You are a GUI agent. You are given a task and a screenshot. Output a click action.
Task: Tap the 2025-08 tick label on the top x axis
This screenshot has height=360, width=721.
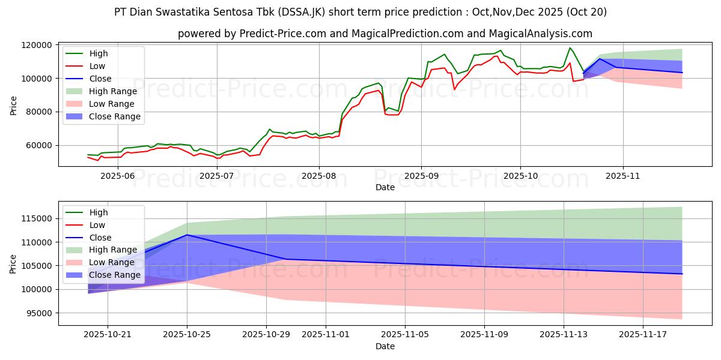318,176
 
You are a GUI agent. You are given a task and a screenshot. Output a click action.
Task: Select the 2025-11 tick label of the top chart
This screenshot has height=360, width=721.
623,176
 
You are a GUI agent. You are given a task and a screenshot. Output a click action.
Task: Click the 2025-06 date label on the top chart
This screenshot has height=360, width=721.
117,176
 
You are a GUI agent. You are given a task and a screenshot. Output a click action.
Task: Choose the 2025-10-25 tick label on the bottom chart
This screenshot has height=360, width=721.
187,335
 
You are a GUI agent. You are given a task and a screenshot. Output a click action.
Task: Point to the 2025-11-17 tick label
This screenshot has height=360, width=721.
643,335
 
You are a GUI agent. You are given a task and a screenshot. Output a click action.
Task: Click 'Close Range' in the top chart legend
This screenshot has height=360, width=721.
114,117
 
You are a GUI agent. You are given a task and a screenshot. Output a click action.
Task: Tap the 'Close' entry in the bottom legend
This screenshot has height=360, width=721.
101,238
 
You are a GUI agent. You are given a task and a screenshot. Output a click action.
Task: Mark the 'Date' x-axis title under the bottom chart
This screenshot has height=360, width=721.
385,346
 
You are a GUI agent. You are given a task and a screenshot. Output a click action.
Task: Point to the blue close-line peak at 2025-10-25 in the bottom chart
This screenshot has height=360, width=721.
187,235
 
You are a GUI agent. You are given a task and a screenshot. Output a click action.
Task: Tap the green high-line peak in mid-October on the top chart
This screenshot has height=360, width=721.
570,48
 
